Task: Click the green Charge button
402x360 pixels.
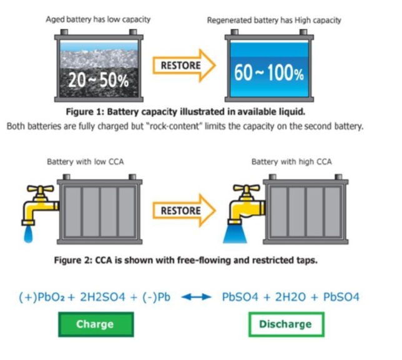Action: [95, 324]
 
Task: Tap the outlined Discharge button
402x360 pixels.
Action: [285, 324]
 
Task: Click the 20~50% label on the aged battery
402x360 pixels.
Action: [98, 81]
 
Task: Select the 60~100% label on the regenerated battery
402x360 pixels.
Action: [268, 73]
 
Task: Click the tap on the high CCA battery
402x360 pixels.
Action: [244, 199]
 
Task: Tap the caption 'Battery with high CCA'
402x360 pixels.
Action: [292, 162]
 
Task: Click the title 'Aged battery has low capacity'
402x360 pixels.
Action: [98, 19]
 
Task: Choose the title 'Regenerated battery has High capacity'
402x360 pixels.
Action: [274, 20]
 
